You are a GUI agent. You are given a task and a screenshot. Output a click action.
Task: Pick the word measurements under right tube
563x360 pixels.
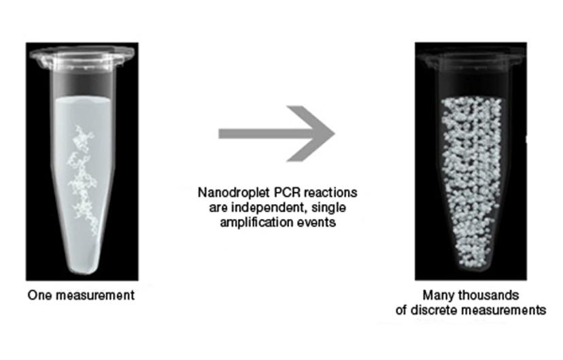509,310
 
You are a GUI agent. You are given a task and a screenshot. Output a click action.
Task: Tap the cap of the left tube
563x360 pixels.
82,49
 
